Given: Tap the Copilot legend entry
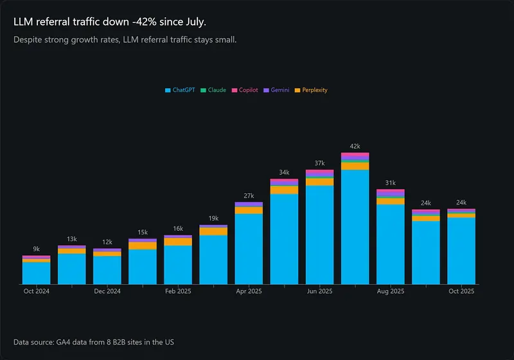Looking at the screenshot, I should coord(244,90).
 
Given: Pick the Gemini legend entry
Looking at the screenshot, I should coord(276,90).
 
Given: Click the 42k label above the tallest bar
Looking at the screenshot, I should coord(355,147).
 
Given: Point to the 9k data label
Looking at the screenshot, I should coord(36,249).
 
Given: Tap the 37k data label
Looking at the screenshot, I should coord(320,163).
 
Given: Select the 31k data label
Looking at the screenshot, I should coord(391,183).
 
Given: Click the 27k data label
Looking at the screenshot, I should coord(249,196).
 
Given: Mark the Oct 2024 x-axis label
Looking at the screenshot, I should coord(36,291).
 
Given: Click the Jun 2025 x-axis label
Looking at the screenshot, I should coord(320,291).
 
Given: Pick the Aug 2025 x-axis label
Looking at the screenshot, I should coord(391,291).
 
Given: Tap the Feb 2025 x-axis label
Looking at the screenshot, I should coord(178,291).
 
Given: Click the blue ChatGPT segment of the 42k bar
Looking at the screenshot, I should coord(355,225).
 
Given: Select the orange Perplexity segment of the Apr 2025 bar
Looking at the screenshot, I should coord(249,210).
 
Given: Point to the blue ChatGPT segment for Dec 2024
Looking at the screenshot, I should coord(107,270).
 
